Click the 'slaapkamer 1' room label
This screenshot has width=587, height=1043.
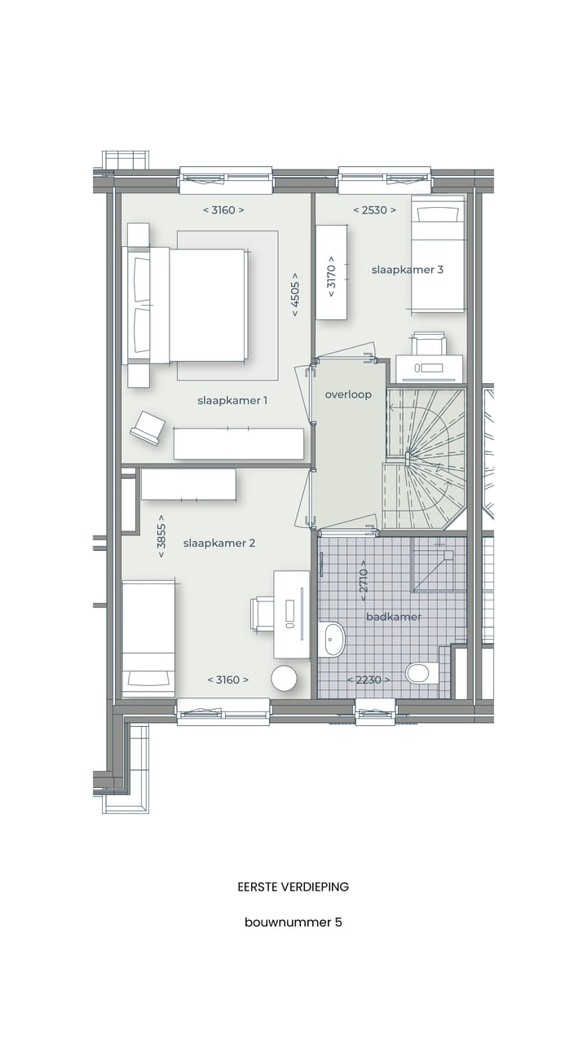232,400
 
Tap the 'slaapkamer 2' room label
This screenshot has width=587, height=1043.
219,543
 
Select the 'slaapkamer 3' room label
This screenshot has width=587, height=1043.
408,270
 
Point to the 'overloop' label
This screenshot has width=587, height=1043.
348,394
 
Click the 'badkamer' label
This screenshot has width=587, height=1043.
394,617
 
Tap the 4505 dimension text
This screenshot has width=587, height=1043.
295,299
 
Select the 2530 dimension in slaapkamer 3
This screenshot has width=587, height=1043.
374,210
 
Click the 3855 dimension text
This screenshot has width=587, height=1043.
161,535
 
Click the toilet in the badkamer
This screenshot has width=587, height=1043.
418,673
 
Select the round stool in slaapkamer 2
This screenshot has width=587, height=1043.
285,678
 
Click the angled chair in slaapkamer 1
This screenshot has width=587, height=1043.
148,427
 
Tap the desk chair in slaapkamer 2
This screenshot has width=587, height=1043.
263,613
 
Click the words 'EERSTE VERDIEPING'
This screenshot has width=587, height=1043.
293,887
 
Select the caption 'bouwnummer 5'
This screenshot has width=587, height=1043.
293,922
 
